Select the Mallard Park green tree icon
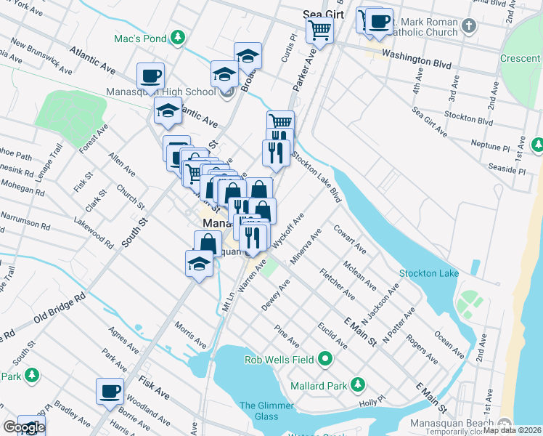pyautogui.click(x=357, y=384)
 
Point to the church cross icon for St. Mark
pyautogui.click(x=469, y=27)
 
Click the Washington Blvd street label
pyautogui.click(x=412, y=54)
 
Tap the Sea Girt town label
pyautogui.click(x=322, y=13)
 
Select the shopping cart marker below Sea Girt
pyautogui.click(x=319, y=31)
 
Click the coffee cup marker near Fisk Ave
pyautogui.click(x=110, y=391)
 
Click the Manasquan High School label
pyautogui.click(x=160, y=92)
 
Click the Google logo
pyautogui.click(x=24, y=427)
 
